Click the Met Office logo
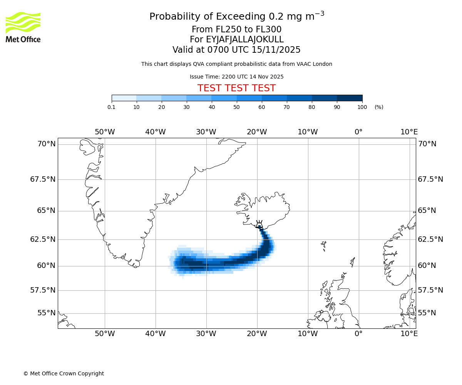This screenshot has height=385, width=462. (x=23, y=27)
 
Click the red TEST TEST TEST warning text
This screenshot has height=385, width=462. (x=236, y=88)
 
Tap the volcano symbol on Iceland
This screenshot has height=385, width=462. (x=259, y=224)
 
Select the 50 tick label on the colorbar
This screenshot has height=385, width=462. (x=236, y=107)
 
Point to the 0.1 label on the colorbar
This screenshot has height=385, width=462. (x=111, y=107)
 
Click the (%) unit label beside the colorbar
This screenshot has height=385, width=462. (x=379, y=107)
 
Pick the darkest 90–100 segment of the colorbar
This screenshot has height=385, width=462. (x=350, y=98)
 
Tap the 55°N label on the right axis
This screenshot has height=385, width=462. (x=427, y=313)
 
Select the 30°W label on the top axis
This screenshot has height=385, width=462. (x=206, y=132)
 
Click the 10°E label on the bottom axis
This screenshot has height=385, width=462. (x=409, y=333)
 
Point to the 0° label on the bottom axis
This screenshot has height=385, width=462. (x=358, y=333)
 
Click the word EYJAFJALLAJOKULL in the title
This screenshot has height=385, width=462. (x=245, y=40)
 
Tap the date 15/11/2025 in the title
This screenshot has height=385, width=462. (x=276, y=50)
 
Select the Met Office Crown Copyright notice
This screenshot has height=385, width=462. (x=64, y=373)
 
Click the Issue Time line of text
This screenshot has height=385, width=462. (x=236, y=77)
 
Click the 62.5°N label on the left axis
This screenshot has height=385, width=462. (x=43, y=239)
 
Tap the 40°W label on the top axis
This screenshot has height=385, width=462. (x=155, y=132)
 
